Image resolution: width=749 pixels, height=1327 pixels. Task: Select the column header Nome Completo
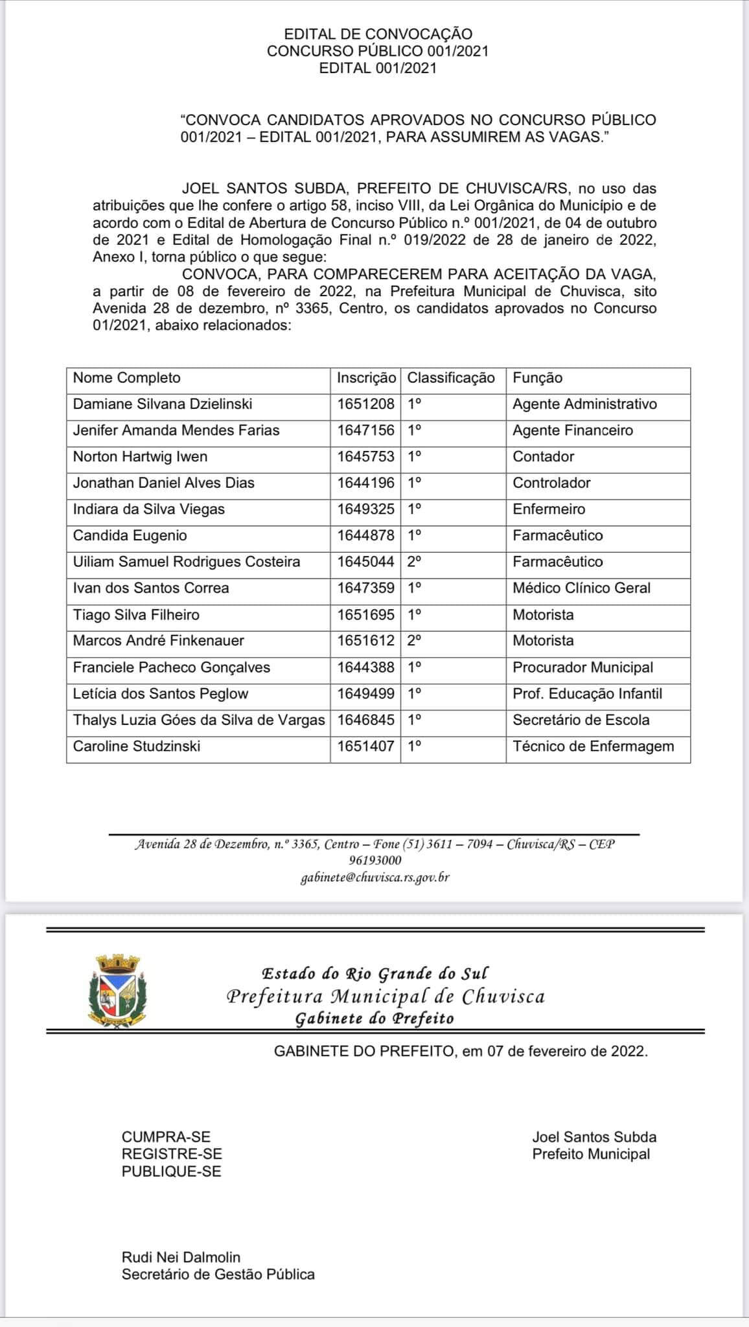[x=126, y=378]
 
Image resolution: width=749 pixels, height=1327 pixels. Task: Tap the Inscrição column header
[x=366, y=378]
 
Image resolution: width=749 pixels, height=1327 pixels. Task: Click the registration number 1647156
[x=365, y=430]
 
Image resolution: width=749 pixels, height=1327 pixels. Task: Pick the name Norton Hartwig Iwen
[x=140, y=457]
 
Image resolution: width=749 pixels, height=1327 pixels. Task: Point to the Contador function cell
[x=543, y=457]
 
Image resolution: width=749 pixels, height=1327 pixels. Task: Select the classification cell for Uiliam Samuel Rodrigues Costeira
[x=415, y=562]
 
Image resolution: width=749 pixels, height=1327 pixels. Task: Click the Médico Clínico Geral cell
[x=581, y=588]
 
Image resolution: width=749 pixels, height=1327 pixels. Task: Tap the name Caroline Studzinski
[x=136, y=746]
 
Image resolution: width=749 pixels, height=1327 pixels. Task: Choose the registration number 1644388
[x=365, y=667]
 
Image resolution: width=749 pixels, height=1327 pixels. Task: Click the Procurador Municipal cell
[x=582, y=667]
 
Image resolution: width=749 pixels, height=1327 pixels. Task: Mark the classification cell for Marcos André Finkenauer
[x=415, y=641]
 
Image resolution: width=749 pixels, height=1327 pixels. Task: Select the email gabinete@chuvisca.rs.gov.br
[x=375, y=878]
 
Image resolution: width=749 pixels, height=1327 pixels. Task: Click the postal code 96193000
[x=375, y=860]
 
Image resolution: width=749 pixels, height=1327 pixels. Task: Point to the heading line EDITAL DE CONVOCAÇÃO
[x=378, y=34]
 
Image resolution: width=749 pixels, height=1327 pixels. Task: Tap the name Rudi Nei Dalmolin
[x=181, y=1257]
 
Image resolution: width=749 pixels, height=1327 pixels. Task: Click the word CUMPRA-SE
[x=166, y=1137]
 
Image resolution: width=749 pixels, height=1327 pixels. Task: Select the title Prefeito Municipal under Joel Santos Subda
[x=591, y=1154]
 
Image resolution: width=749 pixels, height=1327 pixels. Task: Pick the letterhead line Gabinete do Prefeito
[x=374, y=1018]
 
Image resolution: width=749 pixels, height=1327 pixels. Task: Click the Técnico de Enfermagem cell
[x=593, y=746]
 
